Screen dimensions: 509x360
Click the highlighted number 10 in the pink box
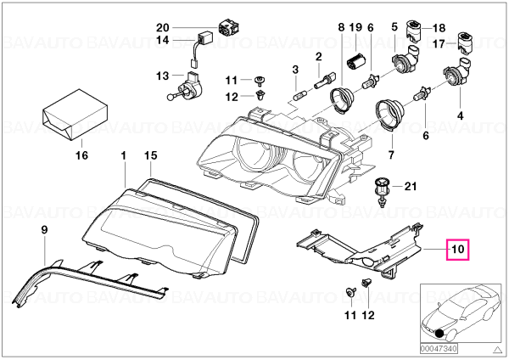click(458, 250)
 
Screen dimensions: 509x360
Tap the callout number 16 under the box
click(81, 155)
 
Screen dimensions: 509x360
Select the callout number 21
click(410, 187)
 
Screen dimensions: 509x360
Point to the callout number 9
click(44, 230)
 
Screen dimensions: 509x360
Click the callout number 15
click(151, 155)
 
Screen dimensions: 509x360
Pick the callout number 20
click(163, 28)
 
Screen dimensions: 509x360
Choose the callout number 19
click(355, 27)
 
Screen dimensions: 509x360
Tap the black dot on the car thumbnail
click(439, 334)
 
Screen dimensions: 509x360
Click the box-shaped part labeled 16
click(75, 115)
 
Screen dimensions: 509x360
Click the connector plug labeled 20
click(230, 28)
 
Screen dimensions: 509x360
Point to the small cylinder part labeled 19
click(355, 61)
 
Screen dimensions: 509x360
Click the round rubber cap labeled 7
click(390, 115)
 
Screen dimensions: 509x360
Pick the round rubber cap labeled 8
click(341, 99)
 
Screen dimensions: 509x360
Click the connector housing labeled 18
click(414, 31)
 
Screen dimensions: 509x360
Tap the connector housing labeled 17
click(465, 42)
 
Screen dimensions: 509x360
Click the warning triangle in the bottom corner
click(496, 350)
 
